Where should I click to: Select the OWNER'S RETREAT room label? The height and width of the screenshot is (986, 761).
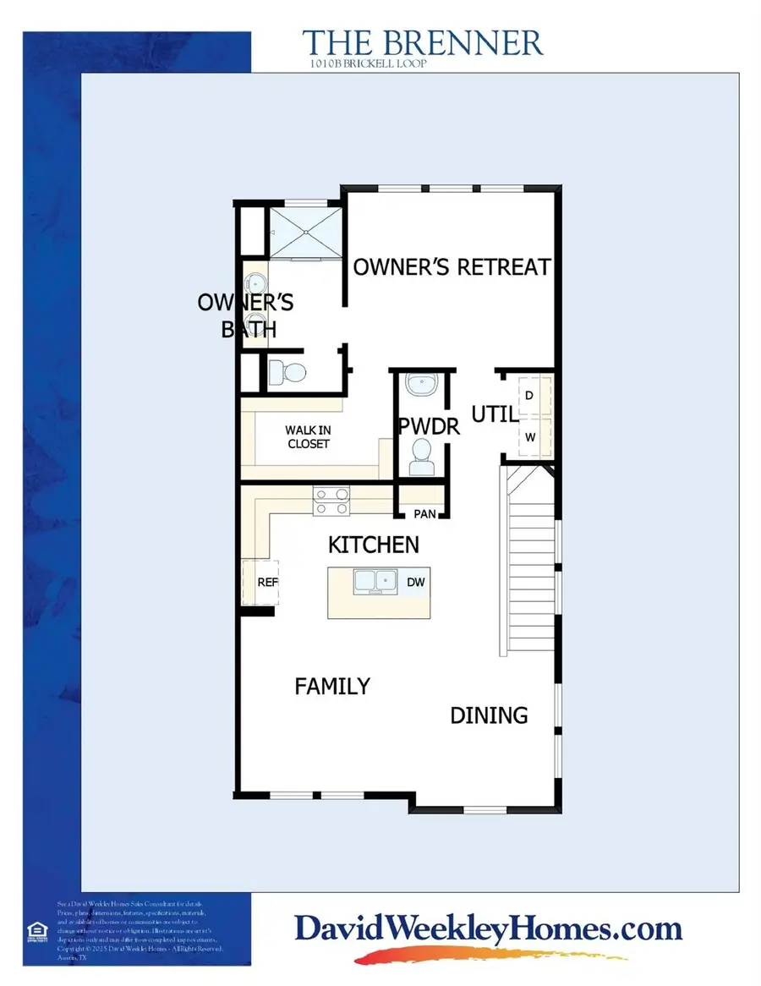pos(452,267)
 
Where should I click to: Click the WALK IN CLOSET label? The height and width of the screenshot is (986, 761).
pos(307,436)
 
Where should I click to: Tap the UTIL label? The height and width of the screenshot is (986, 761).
pos(494,414)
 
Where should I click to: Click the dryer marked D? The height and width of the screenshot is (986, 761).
pos(529,395)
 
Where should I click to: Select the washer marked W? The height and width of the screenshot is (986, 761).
pos(530,437)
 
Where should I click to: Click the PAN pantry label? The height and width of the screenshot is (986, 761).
pos(423,513)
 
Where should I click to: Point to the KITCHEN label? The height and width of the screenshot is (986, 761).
pos(374,544)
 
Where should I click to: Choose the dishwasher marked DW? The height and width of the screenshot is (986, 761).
pos(415,582)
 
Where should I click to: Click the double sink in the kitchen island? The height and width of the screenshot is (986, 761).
pos(375,582)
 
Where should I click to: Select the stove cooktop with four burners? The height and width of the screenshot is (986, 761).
pos(331,501)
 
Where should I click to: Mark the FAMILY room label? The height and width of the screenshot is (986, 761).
pos(332,686)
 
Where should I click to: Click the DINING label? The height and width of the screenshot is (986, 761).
pos(489,715)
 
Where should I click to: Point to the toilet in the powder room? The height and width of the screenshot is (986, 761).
pos(420,457)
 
